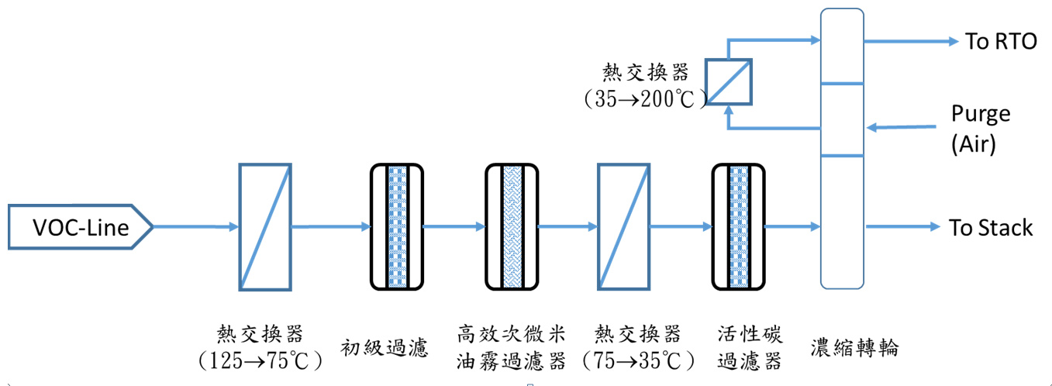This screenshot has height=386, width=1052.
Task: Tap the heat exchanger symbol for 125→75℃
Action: point(265,226)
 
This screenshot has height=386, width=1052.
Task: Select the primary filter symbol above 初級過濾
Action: point(396,226)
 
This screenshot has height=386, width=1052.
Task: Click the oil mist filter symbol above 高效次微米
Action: point(512,226)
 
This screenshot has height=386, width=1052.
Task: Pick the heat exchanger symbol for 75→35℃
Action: point(623,226)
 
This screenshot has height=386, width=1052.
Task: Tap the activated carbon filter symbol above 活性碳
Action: point(738,226)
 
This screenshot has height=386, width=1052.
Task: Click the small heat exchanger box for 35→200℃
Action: point(727,81)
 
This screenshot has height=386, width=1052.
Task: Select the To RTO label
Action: point(1000,41)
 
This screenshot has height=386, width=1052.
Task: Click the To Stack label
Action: point(991,227)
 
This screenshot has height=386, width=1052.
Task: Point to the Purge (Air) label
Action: point(981,129)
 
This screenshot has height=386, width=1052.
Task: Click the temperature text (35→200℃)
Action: point(646,98)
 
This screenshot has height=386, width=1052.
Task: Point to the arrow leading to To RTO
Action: point(911,41)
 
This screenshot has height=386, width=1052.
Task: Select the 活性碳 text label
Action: point(750,334)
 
